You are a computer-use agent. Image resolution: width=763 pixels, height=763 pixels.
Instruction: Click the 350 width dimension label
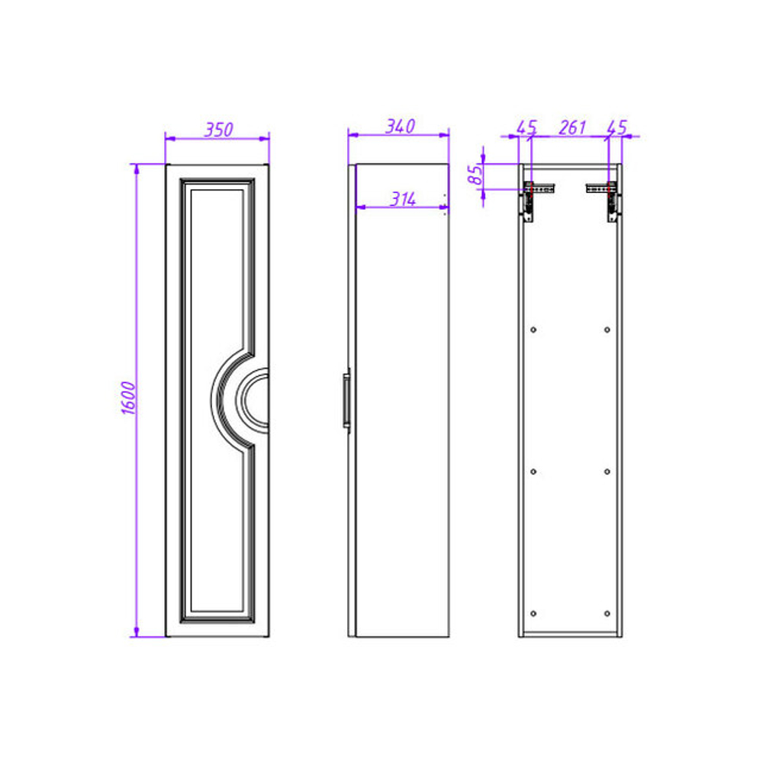pyautogui.click(x=218, y=130)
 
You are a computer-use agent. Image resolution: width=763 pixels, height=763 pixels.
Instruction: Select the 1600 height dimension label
pyautogui.click(x=128, y=398)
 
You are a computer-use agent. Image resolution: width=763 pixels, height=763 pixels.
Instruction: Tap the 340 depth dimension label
pyautogui.click(x=401, y=127)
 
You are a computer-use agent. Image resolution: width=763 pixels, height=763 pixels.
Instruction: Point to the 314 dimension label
pyautogui.click(x=403, y=199)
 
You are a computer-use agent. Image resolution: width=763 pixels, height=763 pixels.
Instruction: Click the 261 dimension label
pyautogui.click(x=571, y=127)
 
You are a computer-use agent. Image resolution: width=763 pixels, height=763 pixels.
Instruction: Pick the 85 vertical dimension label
pyautogui.click(x=475, y=175)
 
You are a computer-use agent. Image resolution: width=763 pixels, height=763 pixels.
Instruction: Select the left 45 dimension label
pyautogui.click(x=526, y=127)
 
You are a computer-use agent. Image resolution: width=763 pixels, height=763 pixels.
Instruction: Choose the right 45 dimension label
pyautogui.click(x=617, y=127)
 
